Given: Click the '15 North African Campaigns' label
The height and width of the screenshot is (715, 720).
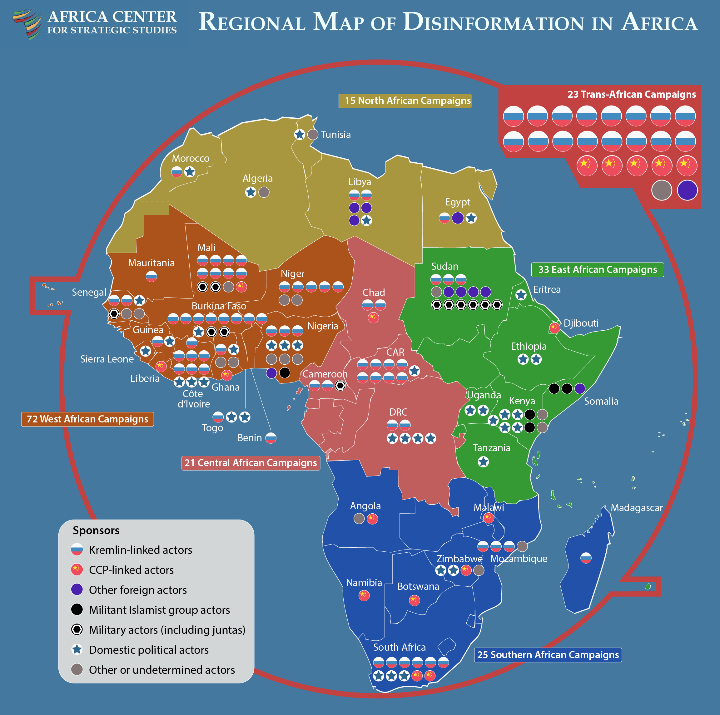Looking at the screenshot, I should point(405,101).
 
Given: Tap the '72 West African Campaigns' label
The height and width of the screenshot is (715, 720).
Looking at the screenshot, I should point(87,419).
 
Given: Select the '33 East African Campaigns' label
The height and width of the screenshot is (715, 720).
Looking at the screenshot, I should point(597,270).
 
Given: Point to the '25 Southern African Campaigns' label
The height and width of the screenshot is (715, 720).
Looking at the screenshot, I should point(548,655).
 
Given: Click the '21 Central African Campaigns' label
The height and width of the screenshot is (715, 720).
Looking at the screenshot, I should point(251,463).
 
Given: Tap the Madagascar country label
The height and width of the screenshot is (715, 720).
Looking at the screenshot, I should point(637,508).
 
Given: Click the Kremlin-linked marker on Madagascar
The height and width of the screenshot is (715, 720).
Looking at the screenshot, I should point(586,558).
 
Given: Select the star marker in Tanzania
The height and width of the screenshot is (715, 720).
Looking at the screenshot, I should point(483,462).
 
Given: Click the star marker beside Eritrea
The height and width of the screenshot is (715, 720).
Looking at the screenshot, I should point(521,295).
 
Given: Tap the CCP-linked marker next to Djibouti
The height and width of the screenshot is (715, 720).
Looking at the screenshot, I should point(554,328).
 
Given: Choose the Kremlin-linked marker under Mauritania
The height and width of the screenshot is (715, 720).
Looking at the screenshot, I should point(151,276).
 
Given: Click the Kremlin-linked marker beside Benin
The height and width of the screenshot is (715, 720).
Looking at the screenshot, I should point(271,438).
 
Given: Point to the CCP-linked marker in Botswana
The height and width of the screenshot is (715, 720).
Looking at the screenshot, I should point(415,600).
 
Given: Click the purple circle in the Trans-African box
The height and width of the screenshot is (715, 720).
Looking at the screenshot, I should point(687,190).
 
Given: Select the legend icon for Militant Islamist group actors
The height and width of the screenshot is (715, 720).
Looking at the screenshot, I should point(77,609).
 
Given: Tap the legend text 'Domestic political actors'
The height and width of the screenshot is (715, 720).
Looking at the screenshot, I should point(149,650).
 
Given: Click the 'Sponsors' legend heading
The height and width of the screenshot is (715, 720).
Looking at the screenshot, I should point(96,530).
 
